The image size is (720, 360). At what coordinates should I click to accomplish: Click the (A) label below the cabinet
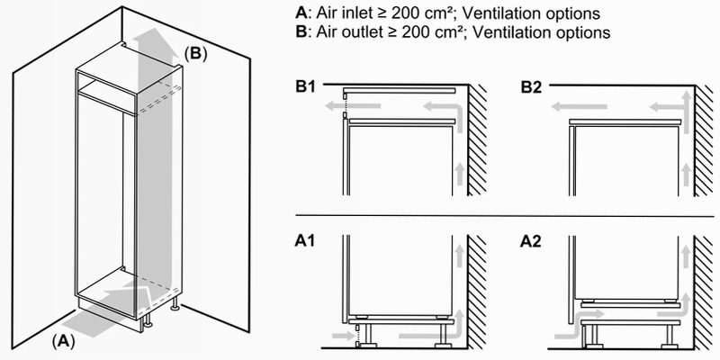(63, 341)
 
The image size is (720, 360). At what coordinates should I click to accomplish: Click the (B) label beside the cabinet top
(195, 54)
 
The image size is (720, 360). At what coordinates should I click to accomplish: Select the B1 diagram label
(306, 87)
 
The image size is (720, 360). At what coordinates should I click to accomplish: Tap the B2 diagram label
(531, 87)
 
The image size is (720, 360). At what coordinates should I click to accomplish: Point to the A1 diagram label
(305, 241)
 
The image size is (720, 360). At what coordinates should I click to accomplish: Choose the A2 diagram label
(531, 241)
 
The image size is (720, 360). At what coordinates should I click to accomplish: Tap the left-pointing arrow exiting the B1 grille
(353, 106)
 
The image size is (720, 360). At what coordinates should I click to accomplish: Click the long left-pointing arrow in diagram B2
(579, 107)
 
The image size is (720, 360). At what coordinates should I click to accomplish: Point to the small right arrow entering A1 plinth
(339, 336)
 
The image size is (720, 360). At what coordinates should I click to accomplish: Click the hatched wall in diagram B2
(706, 140)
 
